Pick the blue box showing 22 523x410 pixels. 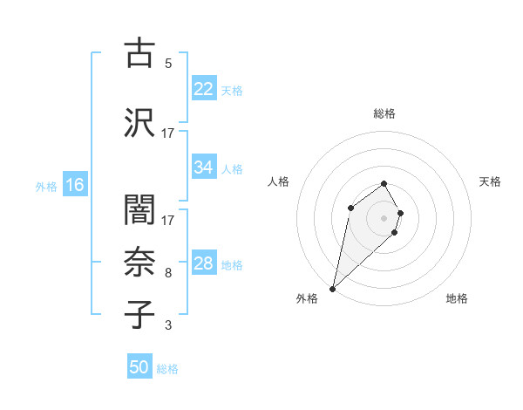coord(203,90)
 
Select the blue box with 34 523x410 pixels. coord(203,168)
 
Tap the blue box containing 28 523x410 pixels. coord(203,264)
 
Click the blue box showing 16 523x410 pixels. coord(74,185)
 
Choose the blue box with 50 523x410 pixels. coord(139,368)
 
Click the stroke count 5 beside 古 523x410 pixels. coord(168,63)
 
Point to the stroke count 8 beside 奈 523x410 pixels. coord(168,273)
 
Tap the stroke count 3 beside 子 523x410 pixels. coord(168,325)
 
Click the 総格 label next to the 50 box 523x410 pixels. coord(167,369)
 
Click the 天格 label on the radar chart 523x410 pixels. coord(490,181)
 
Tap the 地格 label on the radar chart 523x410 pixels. coord(457,298)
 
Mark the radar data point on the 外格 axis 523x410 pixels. coord(333,288)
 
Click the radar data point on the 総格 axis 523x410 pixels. coord(384,183)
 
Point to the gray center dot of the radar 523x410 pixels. coord(384,217)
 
